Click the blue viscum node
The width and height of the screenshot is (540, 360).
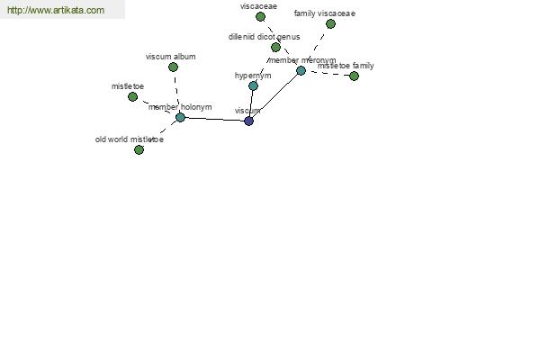pyautogui.click(x=248, y=121)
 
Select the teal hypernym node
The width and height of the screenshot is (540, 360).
pyautogui.click(x=253, y=85)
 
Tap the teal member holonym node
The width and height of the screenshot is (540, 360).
pyautogui.click(x=180, y=117)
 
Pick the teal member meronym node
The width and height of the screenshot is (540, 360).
pyautogui.click(x=301, y=70)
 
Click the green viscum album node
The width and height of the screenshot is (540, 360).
pyautogui.click(x=173, y=67)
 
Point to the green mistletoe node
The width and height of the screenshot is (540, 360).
pyautogui.click(x=132, y=97)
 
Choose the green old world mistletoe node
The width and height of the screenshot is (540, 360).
pyautogui.click(x=139, y=150)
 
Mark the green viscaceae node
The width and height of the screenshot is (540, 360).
pyautogui.click(x=260, y=16)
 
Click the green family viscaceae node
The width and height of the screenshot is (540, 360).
pyautogui.click(x=330, y=23)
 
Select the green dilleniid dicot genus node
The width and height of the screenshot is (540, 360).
pyautogui.click(x=275, y=47)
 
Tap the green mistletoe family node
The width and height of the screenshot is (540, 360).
pyautogui.click(x=354, y=76)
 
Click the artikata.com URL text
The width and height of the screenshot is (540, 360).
pyautogui.click(x=56, y=10)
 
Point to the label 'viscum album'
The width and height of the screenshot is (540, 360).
pyautogui.click(x=170, y=57)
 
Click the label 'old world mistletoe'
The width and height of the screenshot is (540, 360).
pyautogui.click(x=130, y=139)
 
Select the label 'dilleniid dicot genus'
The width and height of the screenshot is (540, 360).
pyautogui.click(x=264, y=37)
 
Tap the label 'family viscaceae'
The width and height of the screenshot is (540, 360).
pyautogui.click(x=325, y=13)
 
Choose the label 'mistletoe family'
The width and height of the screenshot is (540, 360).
pyautogui.click(x=346, y=66)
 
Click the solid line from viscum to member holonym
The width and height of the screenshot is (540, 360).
pyautogui.click(x=214, y=119)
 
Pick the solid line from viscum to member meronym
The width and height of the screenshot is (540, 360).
pyautogui.click(x=274, y=95)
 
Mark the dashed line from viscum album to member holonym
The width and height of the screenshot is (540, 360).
pyautogui.click(x=176, y=92)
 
